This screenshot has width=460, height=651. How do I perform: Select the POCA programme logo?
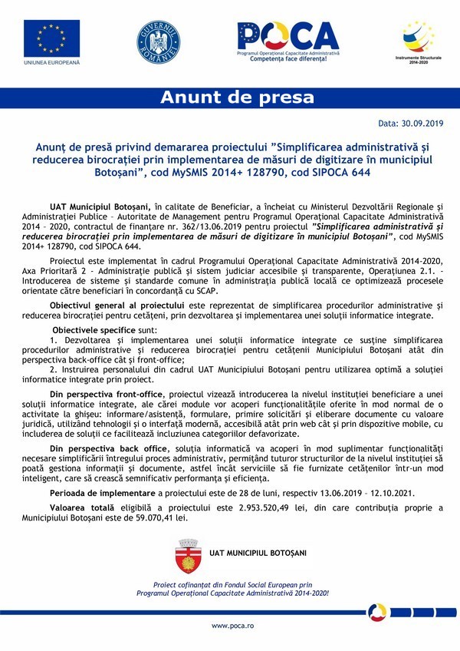pyautogui.click(x=287, y=38)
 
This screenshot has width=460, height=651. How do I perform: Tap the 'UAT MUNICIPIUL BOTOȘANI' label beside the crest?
pyautogui.click(x=258, y=552)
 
